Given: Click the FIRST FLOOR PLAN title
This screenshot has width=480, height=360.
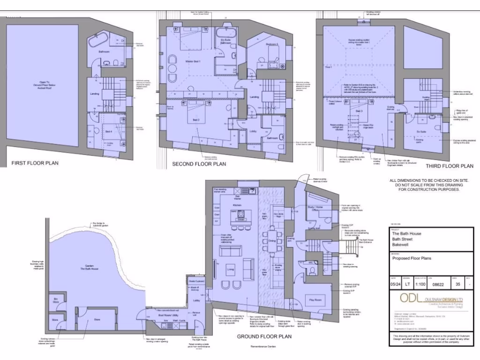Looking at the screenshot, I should pyautogui.click(x=35, y=164).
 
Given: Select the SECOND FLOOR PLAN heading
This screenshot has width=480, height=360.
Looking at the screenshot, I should pyautogui.click(x=199, y=164).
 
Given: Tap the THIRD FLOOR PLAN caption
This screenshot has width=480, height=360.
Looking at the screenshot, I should pyautogui.click(x=449, y=166).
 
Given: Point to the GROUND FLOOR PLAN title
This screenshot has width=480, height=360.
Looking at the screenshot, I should pyautogui.click(x=264, y=336).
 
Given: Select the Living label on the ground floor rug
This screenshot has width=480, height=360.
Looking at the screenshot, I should pyautogui.click(x=230, y=270).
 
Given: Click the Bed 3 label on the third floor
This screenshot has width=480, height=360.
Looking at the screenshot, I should pyautogui.click(x=359, y=111).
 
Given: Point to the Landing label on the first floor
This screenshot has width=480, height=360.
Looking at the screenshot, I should pyautogui.click(x=94, y=94).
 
